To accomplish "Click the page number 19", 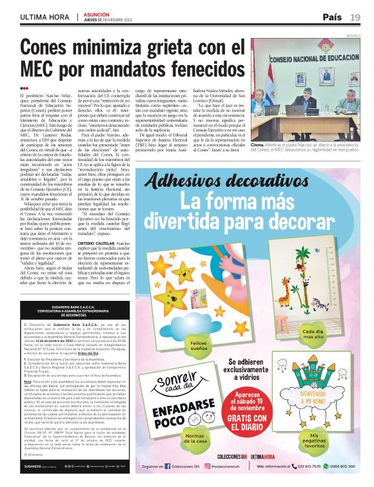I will click(355, 17).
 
